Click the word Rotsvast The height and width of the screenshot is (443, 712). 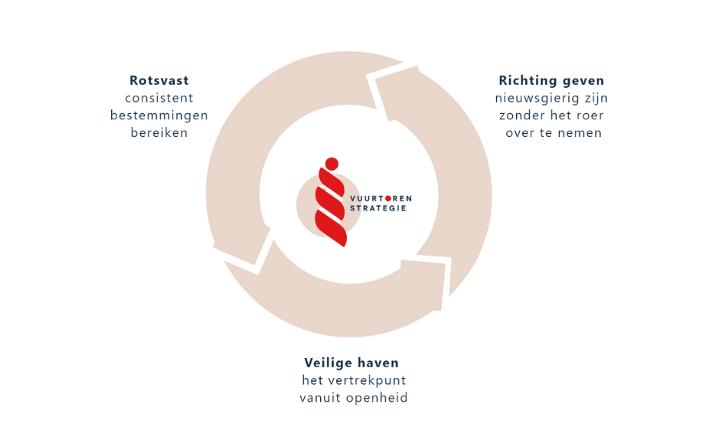pyautogui.click(x=159, y=80)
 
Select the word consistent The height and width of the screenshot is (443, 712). pyautogui.click(x=159, y=98)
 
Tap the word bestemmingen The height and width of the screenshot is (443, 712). pyautogui.click(x=159, y=116)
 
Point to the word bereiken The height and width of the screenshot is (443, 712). pyautogui.click(x=159, y=132)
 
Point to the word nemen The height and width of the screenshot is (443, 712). pyautogui.click(x=580, y=132)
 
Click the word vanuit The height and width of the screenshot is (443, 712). pyautogui.click(x=321, y=398)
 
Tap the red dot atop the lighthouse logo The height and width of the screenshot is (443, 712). pyautogui.click(x=331, y=162)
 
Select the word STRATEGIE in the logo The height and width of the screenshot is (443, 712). pyautogui.click(x=378, y=208)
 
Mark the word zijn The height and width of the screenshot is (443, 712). pyautogui.click(x=595, y=98)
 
